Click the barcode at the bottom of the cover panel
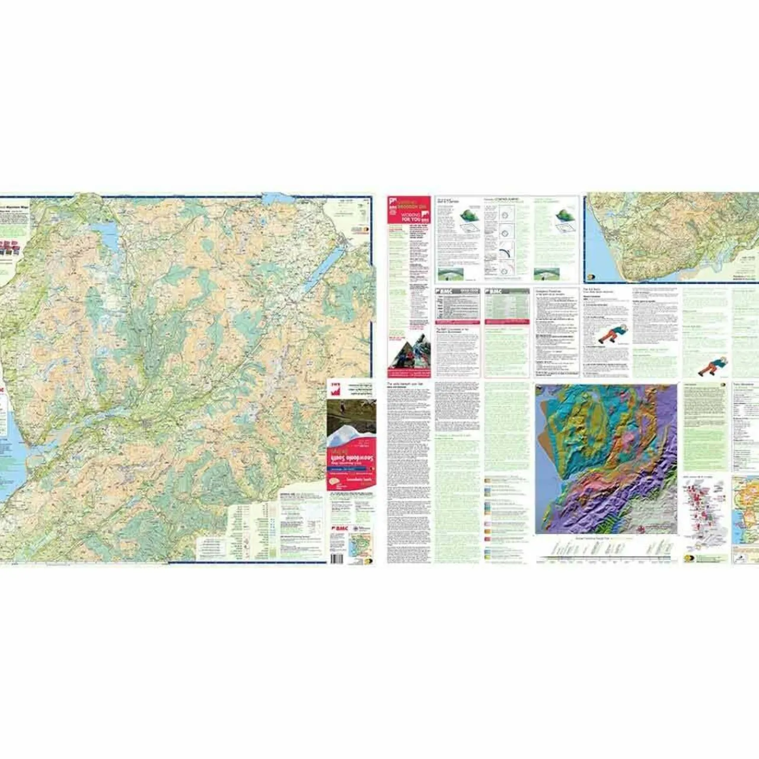tap(337, 558)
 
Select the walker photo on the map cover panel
tap(351, 414)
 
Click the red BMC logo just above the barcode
tap(340, 528)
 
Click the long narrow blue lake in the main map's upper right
tap(323, 269)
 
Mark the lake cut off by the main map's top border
tap(275, 197)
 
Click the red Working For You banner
tap(409, 216)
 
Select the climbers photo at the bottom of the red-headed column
tap(409, 355)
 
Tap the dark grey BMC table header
tap(458, 292)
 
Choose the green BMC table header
tap(507, 292)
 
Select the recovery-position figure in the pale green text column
tap(712, 366)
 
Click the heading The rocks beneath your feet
tap(406, 384)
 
